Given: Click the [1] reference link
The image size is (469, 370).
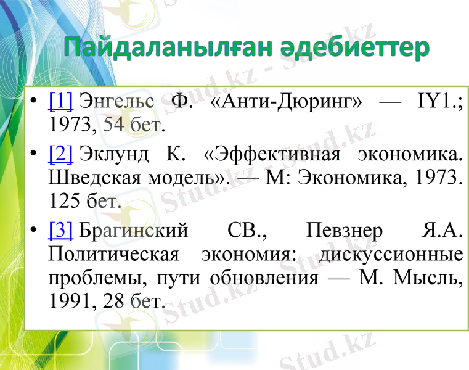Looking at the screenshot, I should pyautogui.click(x=60, y=99).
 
